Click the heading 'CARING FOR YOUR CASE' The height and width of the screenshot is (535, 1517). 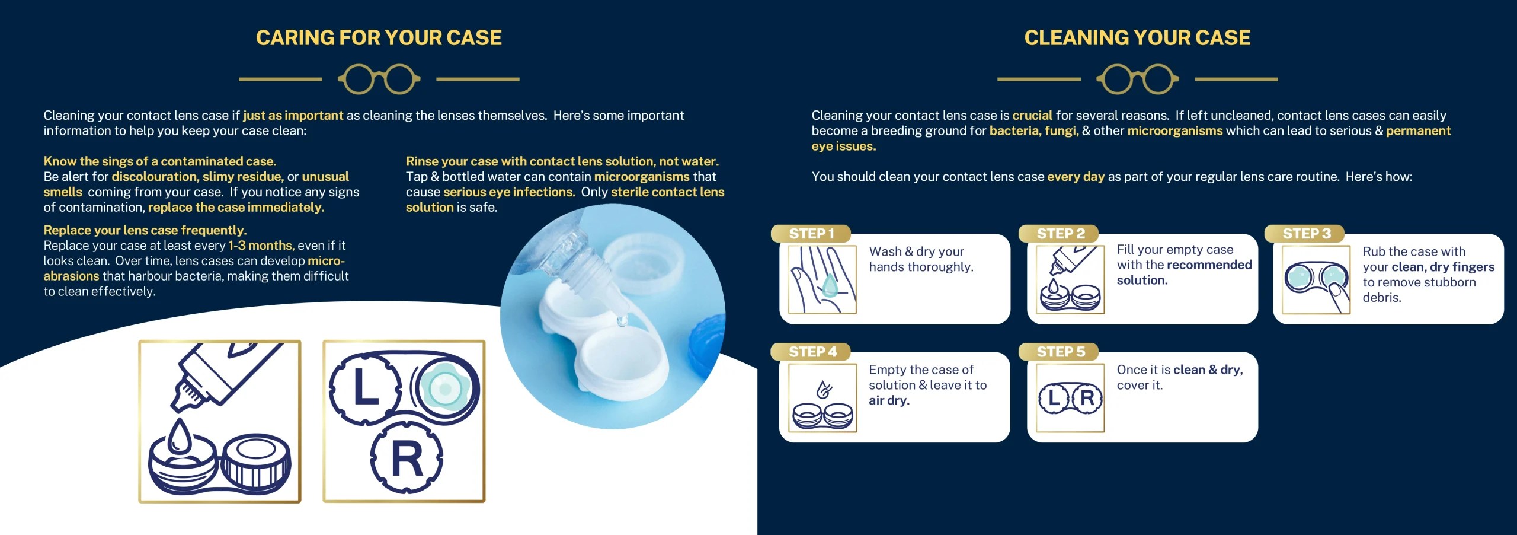(379, 38)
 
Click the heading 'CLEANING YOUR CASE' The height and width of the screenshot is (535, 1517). (1137, 38)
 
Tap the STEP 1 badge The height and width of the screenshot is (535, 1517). (811, 234)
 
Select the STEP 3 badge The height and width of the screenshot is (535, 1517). (1306, 234)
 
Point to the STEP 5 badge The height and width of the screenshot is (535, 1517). (1060, 352)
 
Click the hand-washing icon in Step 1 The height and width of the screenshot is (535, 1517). (822, 279)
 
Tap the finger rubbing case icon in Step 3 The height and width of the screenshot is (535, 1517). (1316, 279)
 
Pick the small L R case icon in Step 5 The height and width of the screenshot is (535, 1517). (1070, 398)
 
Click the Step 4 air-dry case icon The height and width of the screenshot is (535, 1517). (822, 398)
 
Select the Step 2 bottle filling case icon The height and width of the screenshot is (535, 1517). (1070, 279)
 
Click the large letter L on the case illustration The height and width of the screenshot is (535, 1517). (366, 388)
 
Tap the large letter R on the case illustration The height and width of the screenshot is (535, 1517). (407, 458)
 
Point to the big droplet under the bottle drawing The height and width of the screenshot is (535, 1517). (178, 438)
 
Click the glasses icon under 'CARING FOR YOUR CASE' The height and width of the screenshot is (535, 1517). (379, 79)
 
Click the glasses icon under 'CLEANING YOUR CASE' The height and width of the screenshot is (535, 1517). (1137, 79)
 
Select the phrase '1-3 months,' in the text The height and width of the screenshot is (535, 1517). (261, 246)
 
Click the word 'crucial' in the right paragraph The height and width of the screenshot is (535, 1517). (1032, 116)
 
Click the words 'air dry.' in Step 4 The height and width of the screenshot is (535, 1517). (889, 400)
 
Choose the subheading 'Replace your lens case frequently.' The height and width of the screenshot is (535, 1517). (145, 230)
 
